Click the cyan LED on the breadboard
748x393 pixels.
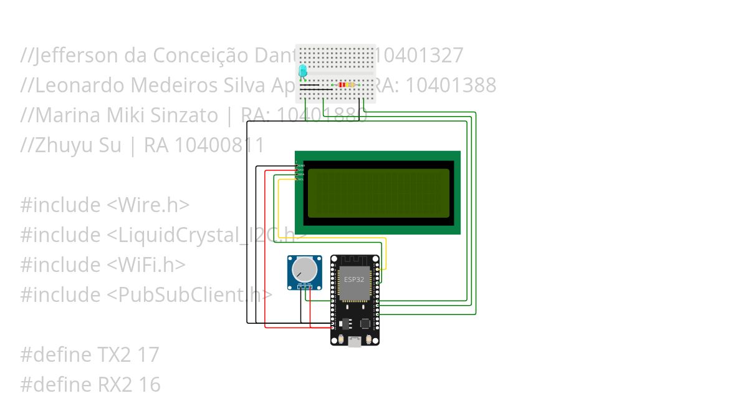tap(303, 71)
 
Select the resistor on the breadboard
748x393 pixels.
tap(347, 84)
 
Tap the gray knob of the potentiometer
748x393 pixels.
tap(304, 270)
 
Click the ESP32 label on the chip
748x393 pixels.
tap(354, 279)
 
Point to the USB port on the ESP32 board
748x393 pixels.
tap(355, 341)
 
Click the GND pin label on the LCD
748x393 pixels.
tap(300, 165)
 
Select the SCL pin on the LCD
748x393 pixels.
tap(300, 180)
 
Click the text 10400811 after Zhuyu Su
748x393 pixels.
tap(219, 145)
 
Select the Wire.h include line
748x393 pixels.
tap(105, 205)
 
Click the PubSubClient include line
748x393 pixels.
tap(146, 294)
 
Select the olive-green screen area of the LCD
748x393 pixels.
tap(378, 193)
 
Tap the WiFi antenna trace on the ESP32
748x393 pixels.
tap(354, 260)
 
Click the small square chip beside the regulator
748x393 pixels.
tap(365, 324)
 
